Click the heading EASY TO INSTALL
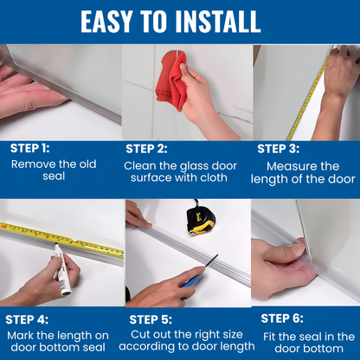pos(180,21)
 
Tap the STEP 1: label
pos(30,147)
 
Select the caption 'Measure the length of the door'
pos(303,172)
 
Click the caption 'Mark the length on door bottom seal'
pos(58,342)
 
